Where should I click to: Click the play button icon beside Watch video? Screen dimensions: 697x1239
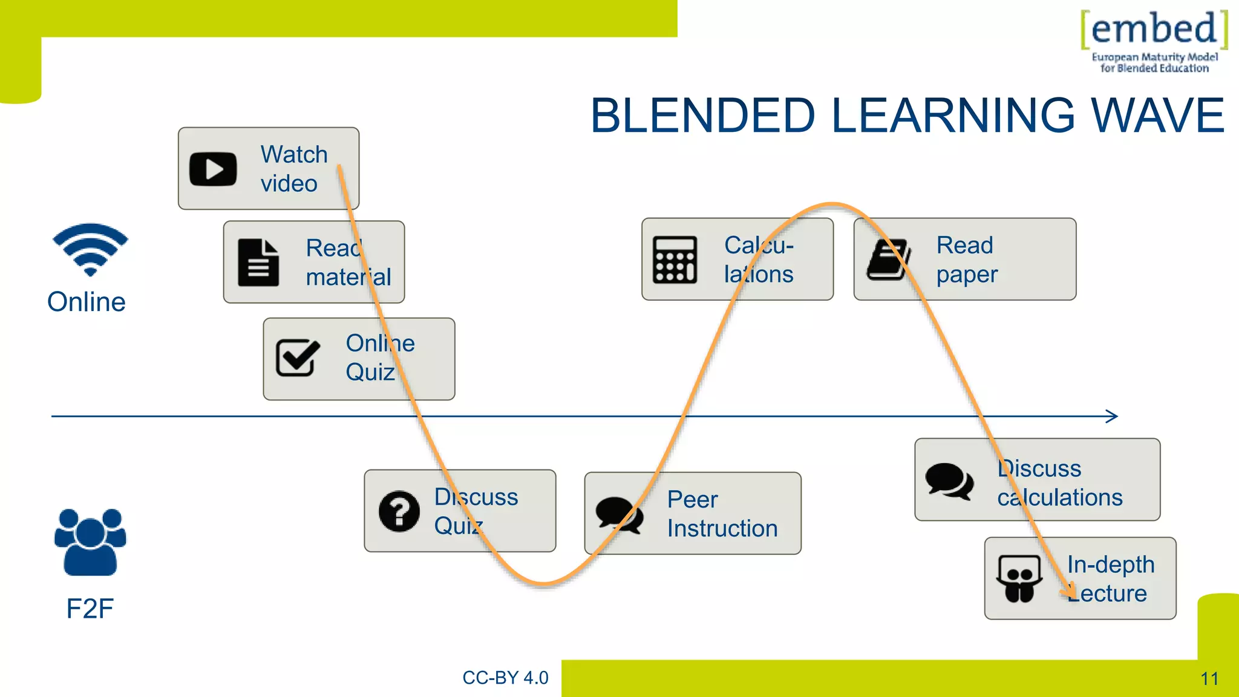click(213, 169)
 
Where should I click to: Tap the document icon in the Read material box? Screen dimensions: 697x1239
click(258, 263)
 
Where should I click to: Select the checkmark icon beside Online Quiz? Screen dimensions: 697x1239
click(297, 357)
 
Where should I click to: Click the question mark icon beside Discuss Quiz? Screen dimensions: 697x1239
click(399, 511)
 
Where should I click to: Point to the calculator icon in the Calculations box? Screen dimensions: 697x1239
click(675, 260)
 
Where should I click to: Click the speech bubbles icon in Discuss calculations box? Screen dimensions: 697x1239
click(949, 481)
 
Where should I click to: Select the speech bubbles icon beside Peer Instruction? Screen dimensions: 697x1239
click(619, 515)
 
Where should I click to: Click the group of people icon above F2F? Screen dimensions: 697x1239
click(90, 542)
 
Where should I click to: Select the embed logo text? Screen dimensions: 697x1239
click(1154, 28)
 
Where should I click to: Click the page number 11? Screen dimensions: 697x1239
click(1209, 679)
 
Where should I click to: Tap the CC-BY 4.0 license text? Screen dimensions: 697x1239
click(505, 678)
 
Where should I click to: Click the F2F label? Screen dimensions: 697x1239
click(90, 608)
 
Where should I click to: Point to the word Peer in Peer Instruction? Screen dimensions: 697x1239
click(692, 500)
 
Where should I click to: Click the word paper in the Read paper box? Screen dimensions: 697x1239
click(967, 275)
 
